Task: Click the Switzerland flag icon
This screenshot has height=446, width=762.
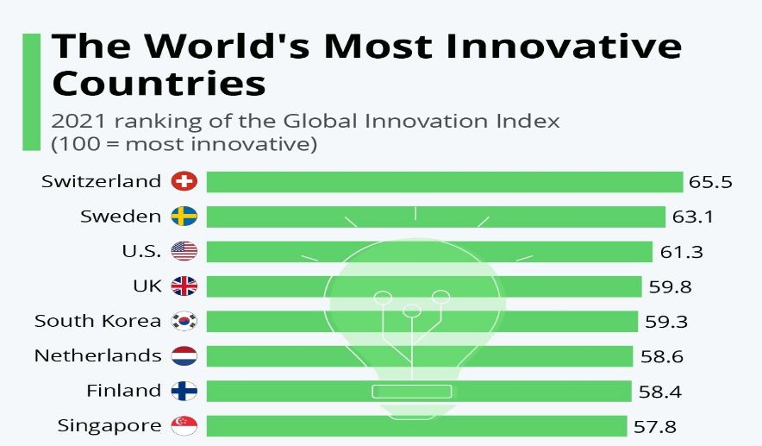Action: (184, 181)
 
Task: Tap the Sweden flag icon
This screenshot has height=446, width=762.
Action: (184, 217)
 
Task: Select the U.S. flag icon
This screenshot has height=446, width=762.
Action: (184, 251)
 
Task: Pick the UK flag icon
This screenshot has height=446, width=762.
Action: (184, 286)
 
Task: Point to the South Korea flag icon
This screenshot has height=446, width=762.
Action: (184, 321)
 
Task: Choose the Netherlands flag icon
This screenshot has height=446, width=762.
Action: (184, 355)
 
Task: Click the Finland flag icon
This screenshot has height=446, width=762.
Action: (184, 391)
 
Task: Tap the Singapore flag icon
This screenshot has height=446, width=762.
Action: (184, 425)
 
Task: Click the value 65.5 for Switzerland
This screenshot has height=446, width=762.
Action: (710, 182)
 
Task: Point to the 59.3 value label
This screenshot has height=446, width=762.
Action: (667, 321)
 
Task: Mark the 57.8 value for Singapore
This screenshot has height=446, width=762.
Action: (652, 425)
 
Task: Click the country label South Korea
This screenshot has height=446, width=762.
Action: (97, 321)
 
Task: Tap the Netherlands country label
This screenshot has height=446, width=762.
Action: (97, 355)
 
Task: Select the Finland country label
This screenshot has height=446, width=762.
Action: (123, 391)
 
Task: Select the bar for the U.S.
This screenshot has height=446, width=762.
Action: (429, 251)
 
